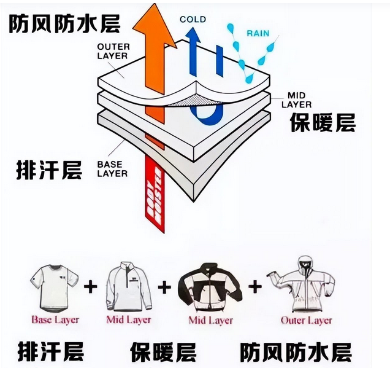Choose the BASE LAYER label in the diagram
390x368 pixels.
tap(112, 169)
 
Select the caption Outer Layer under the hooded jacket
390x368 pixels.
tap(306, 320)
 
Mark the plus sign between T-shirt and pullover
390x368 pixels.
tap(91, 288)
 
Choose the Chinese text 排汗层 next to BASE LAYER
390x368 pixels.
tap(49, 170)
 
